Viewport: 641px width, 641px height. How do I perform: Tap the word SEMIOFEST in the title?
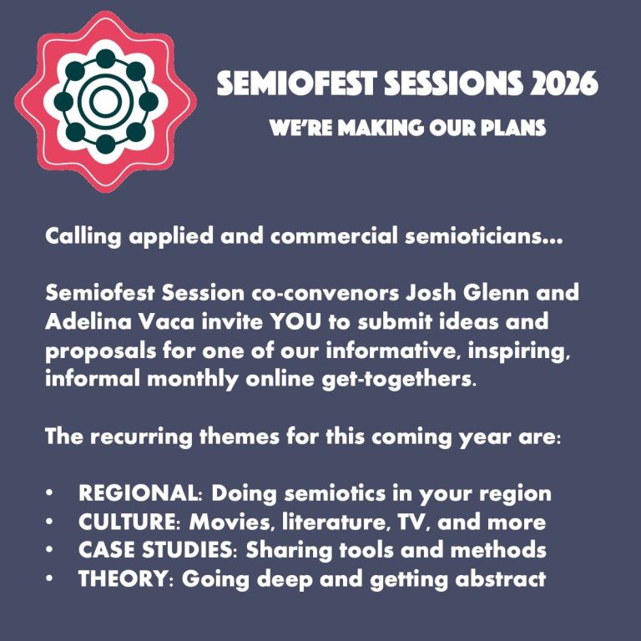coord(296,83)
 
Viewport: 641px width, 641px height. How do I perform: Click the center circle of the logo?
coord(105,101)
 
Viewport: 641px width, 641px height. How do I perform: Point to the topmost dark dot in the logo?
coord(105,59)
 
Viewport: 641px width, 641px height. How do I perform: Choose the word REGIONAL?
coord(139,492)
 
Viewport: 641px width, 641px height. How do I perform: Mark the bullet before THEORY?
coord(49,579)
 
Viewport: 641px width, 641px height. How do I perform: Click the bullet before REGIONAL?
coord(49,493)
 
